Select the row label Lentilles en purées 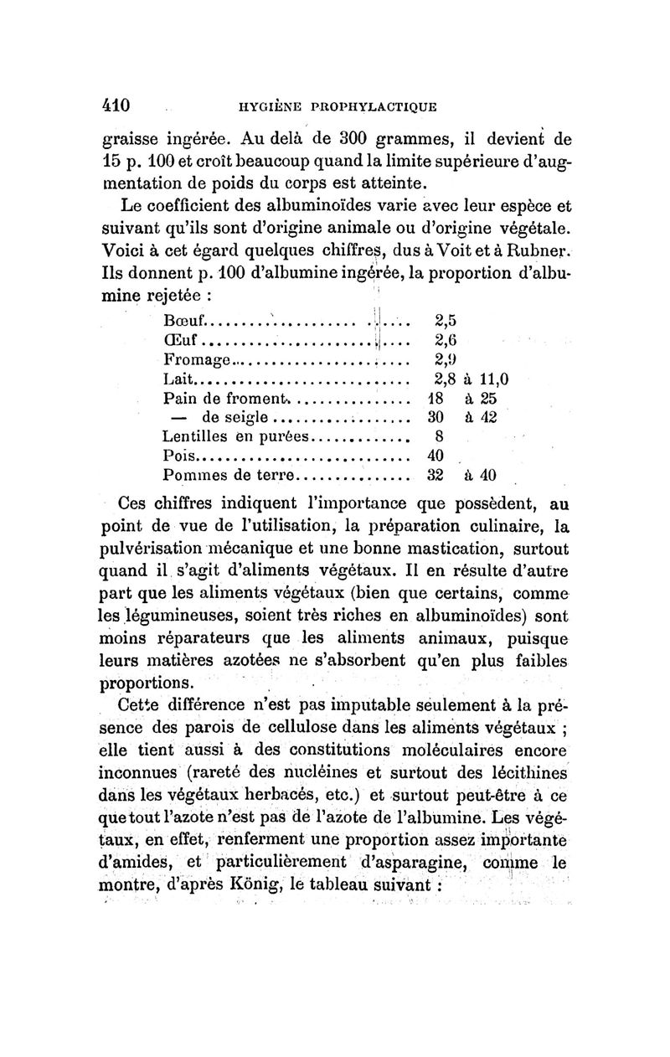point(235,436)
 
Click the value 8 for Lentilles point(438,436)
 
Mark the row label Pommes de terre point(230,475)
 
